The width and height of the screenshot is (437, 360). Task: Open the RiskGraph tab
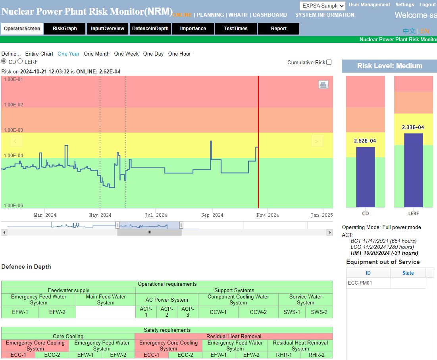click(65, 29)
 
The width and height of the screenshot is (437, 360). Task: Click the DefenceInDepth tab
click(150, 29)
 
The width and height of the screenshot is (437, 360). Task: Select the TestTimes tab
click(236, 29)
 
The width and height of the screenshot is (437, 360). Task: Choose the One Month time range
click(96, 54)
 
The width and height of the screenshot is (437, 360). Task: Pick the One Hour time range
click(179, 54)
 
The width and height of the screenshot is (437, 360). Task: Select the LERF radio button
click(20, 62)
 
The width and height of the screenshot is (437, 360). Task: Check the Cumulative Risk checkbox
click(329, 62)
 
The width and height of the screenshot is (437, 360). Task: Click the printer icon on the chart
click(323, 85)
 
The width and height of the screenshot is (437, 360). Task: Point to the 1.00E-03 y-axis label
click(13, 130)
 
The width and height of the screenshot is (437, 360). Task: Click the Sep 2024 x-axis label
click(212, 215)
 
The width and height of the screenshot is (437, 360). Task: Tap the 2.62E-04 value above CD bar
click(365, 141)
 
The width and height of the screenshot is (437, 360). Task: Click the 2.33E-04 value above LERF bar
click(413, 127)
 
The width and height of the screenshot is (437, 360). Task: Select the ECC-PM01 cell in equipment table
click(368, 283)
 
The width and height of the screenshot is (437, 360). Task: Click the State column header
click(408, 273)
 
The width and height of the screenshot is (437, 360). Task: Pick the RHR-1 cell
click(284, 355)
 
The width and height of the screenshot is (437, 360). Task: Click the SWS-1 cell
click(292, 312)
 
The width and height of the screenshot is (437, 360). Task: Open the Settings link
click(404, 5)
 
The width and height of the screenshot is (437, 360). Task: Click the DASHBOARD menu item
click(270, 15)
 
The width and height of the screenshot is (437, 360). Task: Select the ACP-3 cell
click(188, 312)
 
